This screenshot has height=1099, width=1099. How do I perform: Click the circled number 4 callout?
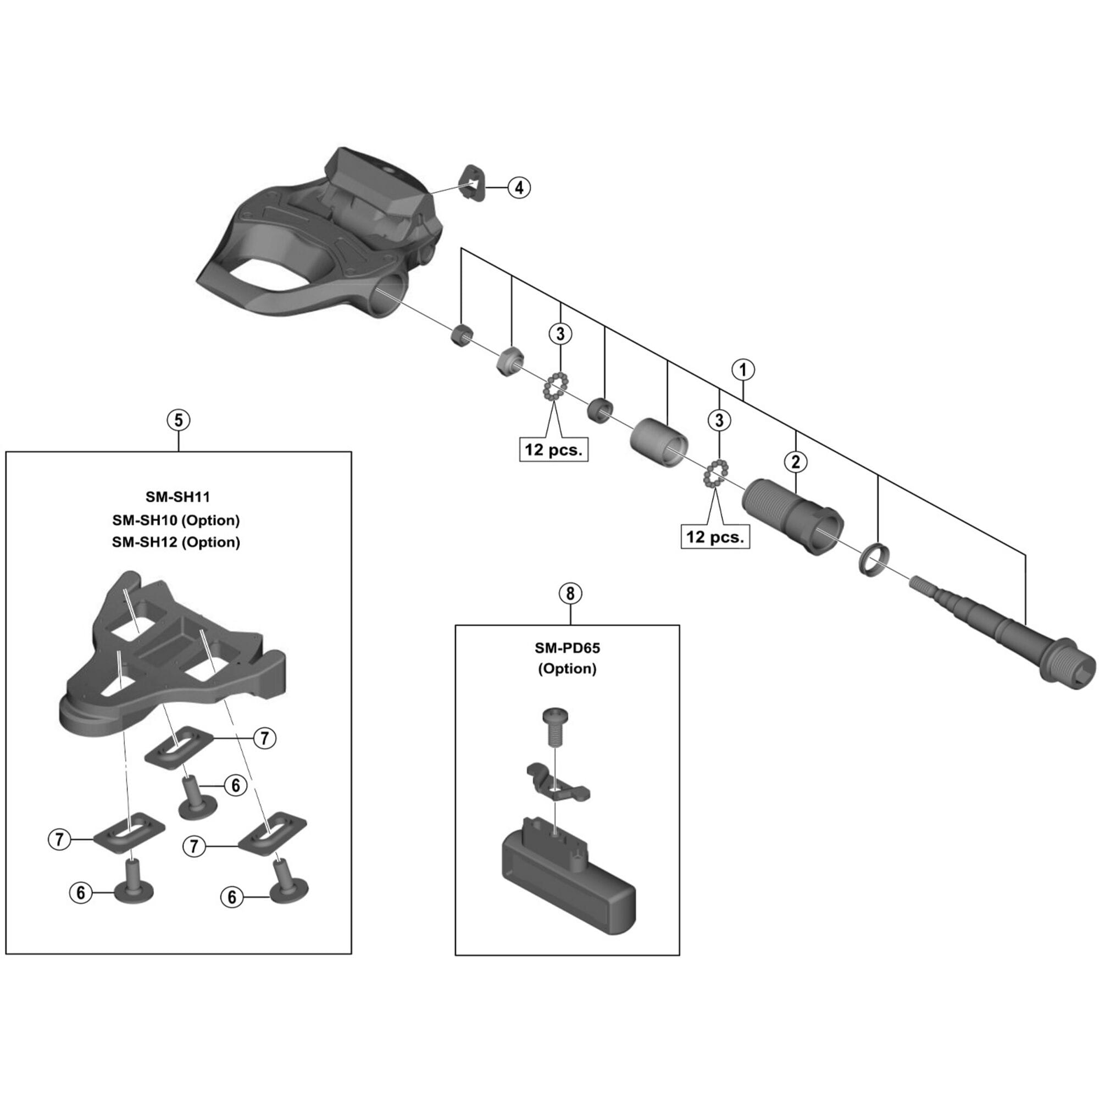coord(519,187)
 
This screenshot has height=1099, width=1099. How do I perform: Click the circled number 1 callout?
coord(743,370)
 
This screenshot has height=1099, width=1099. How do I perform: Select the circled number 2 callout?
coord(795,462)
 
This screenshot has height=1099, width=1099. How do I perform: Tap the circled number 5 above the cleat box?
coord(178,420)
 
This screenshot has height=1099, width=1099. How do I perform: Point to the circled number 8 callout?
coord(570,593)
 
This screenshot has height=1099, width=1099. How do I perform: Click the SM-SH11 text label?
coord(177,497)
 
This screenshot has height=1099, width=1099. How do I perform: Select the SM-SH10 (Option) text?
coord(176,520)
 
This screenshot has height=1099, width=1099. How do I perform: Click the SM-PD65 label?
coord(567,647)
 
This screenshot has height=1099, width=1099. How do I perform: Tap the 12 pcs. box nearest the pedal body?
coord(553,449)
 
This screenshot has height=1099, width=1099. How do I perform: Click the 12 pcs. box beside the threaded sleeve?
coord(715,536)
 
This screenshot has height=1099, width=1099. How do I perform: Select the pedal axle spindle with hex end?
coord(1007,637)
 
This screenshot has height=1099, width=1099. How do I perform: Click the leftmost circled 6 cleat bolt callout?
coord(81,893)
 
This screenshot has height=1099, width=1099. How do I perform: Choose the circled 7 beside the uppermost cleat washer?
coord(264,739)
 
